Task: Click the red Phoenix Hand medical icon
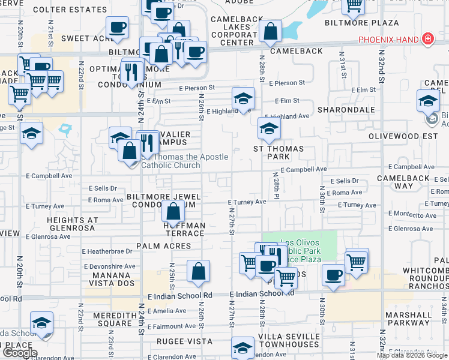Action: tap(427, 40)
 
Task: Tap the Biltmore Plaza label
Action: tap(362, 23)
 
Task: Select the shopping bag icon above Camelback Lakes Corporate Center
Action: tap(271, 32)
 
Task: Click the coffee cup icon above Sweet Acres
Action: tap(118, 26)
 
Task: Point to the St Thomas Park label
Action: tap(279, 152)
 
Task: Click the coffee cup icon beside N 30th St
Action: tap(333, 275)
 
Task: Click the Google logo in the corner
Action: tap(19, 353)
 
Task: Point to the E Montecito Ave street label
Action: tap(412, 214)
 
